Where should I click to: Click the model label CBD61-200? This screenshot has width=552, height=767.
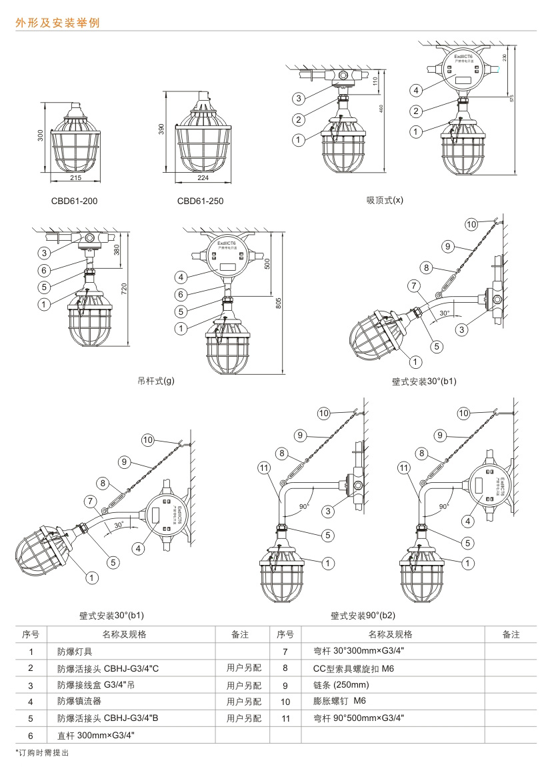[74, 200]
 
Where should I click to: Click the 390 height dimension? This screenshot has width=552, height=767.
[162, 130]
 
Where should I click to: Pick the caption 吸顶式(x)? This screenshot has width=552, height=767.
[385, 199]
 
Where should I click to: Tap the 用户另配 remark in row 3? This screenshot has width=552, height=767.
[243, 685]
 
